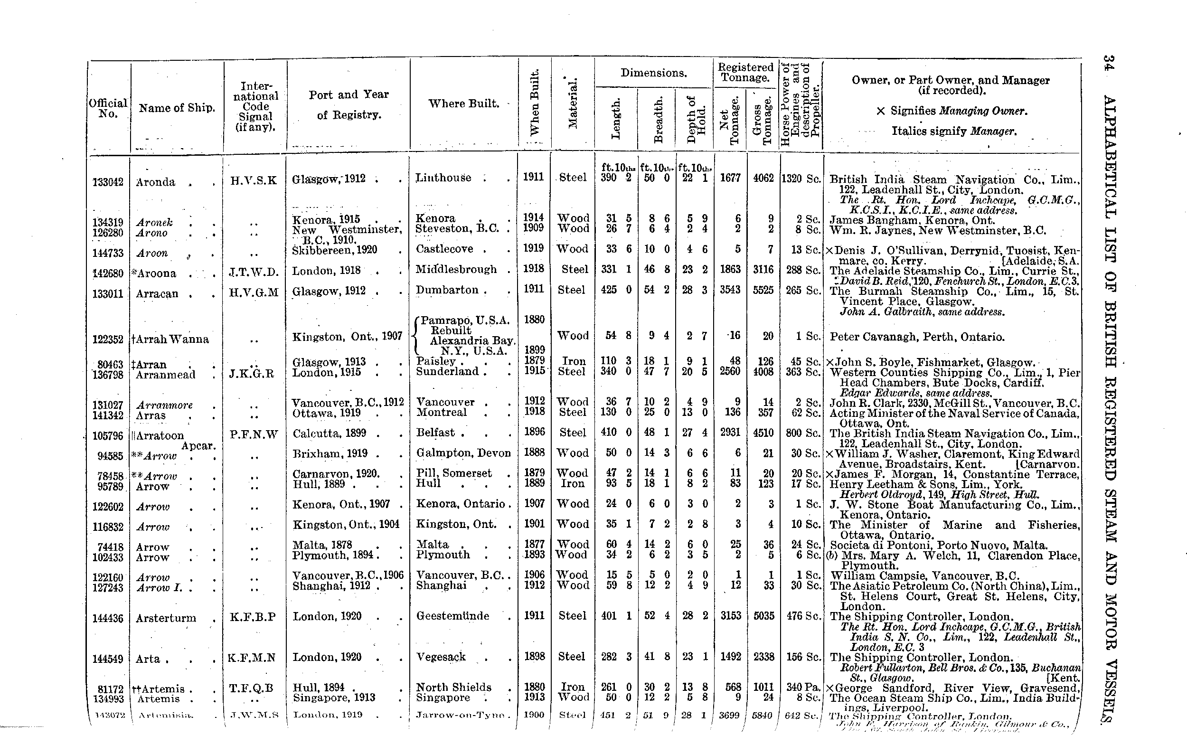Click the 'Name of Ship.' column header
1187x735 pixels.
point(177,108)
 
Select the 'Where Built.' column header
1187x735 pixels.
point(463,104)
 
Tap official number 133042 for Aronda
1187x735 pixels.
point(108,182)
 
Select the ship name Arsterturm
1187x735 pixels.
point(166,618)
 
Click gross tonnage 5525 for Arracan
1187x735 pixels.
point(763,290)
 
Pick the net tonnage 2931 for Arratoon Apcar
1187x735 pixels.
point(730,433)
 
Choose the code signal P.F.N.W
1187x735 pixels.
point(254,434)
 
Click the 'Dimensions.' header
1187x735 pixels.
point(653,73)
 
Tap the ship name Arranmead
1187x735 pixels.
point(166,375)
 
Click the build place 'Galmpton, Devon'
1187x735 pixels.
point(463,453)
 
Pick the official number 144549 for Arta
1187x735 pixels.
point(108,659)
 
